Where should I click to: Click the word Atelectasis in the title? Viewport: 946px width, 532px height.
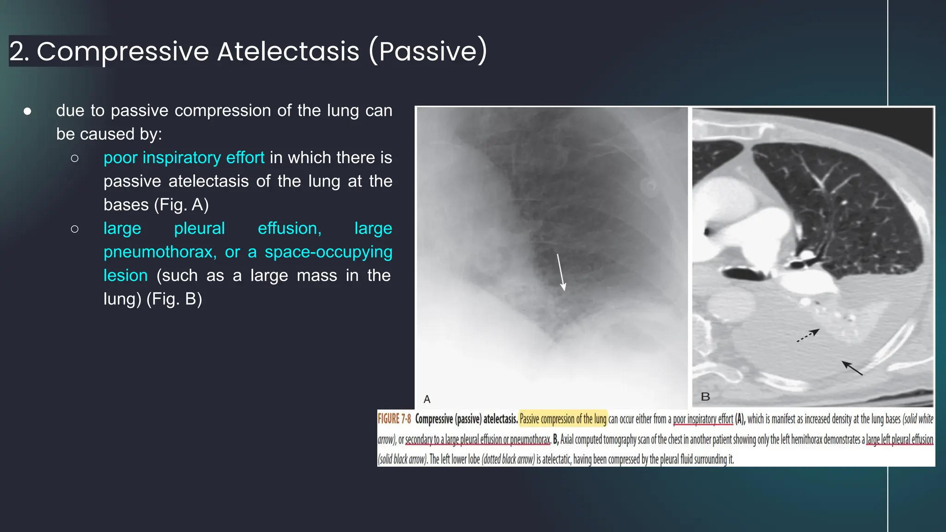coord(288,51)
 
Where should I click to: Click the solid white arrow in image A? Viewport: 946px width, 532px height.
coord(561,272)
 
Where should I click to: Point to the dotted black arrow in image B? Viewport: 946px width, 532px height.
coord(808,335)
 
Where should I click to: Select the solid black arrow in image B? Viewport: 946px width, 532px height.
coord(852,368)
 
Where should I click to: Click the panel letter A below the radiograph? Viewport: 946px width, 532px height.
coord(427,399)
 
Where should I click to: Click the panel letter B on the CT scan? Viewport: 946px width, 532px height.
coord(705,397)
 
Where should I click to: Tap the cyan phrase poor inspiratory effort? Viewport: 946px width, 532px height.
coord(184,158)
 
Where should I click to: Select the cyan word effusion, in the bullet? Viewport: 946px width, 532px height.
coord(290,229)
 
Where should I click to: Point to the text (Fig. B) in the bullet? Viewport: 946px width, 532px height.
coord(174,299)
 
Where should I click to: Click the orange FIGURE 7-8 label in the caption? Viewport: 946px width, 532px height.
coord(394,419)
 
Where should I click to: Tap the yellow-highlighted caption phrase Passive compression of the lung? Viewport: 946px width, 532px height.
coord(563,419)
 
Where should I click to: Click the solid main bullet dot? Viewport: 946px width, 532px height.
coord(28,111)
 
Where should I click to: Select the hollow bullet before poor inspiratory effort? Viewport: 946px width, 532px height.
coord(75,158)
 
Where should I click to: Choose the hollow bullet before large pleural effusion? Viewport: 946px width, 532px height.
coord(75,229)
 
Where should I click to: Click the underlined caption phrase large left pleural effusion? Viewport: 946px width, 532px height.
coord(899,440)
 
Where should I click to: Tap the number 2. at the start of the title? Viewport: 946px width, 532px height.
coord(19,51)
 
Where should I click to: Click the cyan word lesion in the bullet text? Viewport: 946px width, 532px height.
coord(126,276)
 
